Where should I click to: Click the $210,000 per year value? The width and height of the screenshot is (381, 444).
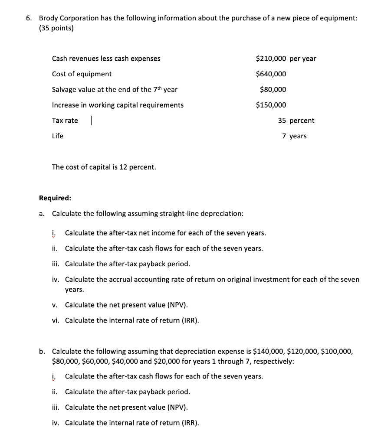[x=286, y=59]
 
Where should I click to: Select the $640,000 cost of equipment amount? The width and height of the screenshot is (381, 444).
[x=271, y=74]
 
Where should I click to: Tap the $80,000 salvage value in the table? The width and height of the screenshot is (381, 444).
[x=273, y=90]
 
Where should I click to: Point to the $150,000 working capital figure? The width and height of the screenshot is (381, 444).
[x=271, y=105]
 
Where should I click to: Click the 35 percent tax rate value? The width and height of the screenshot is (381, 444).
[x=296, y=121]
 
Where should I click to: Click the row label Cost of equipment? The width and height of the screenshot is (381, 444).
[x=82, y=74]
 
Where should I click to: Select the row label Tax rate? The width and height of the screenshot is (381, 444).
[x=65, y=121]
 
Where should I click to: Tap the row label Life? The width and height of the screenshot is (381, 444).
[x=58, y=136]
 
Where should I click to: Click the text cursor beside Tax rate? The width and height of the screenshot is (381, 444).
[x=92, y=121]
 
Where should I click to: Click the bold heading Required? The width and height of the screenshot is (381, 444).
[x=55, y=198]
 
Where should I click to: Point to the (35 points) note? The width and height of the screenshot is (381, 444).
[x=56, y=29]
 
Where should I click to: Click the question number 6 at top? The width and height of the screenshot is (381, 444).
[x=28, y=18]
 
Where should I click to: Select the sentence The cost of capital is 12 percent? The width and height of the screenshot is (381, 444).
[x=104, y=167]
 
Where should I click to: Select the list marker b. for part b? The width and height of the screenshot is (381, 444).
[x=42, y=352]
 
